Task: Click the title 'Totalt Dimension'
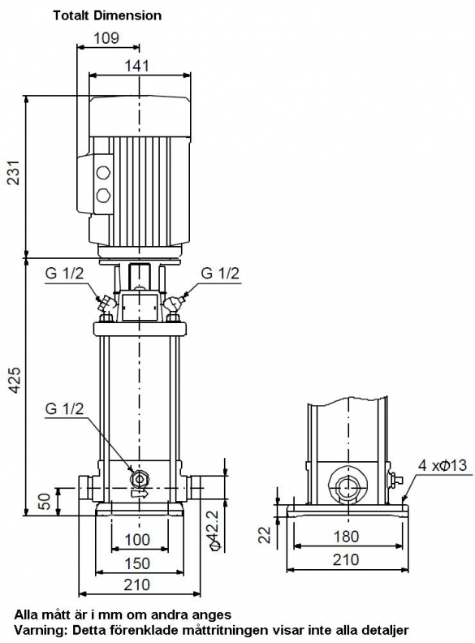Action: tap(107, 15)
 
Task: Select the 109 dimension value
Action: tap(106, 38)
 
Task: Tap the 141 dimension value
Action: tap(137, 66)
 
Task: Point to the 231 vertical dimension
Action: tap(15, 173)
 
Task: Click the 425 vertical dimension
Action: tap(15, 380)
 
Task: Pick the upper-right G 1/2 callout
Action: tap(220, 273)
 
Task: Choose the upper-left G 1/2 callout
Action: tap(64, 273)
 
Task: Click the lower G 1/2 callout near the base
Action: tap(64, 408)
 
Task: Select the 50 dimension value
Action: tap(45, 501)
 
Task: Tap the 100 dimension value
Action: tap(137, 539)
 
